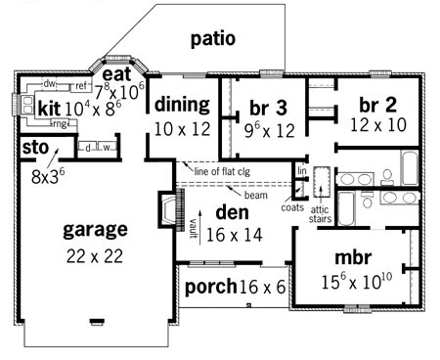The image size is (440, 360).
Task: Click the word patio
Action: pyautogui.click(x=213, y=39)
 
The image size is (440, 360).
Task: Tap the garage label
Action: pyautogui.click(x=95, y=230)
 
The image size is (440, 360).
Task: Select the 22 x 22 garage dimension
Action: pyautogui.click(x=95, y=256)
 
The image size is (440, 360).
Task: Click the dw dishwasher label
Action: pyautogui.click(x=49, y=84)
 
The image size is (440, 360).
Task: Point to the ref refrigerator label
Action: pyautogui.click(x=81, y=86)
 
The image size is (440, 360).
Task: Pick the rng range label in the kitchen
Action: pyautogui.click(x=60, y=124)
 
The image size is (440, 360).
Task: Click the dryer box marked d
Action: pyautogui.click(x=88, y=148)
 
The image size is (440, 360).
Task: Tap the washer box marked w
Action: pyautogui.click(x=107, y=148)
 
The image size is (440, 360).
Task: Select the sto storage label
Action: pyautogui.click(x=35, y=148)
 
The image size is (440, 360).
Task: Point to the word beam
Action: pyautogui.click(x=256, y=195)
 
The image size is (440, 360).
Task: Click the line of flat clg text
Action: pyautogui.click(x=222, y=171)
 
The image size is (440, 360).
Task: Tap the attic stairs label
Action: pyautogui.click(x=320, y=214)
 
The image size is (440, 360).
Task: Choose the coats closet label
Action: pyautogui.click(x=292, y=207)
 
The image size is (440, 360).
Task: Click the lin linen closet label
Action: pyautogui.click(x=302, y=170)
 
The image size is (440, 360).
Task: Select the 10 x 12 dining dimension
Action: pyautogui.click(x=182, y=129)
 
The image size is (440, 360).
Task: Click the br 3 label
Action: pyautogui.click(x=268, y=108)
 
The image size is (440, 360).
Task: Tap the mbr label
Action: pyautogui.click(x=353, y=257)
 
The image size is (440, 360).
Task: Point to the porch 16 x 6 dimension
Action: pyautogui.click(x=263, y=287)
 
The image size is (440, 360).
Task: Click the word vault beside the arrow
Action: pyautogui.click(x=193, y=228)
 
